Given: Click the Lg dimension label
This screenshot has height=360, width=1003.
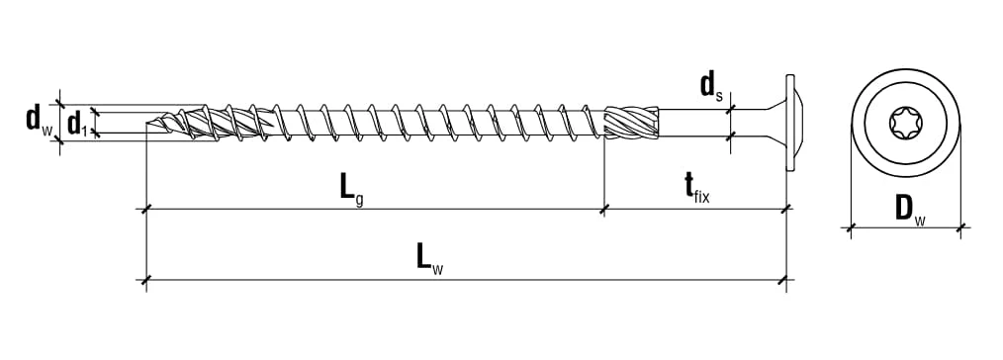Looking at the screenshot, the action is [x=351, y=189].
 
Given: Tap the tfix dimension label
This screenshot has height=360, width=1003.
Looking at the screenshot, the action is [x=696, y=188].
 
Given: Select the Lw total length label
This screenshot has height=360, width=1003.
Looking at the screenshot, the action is [x=429, y=259].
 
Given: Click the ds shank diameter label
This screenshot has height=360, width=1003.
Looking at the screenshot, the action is [x=711, y=86].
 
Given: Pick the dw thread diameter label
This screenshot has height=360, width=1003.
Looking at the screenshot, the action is [x=39, y=120].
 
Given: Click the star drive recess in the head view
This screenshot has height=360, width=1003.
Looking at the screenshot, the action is [x=906, y=123].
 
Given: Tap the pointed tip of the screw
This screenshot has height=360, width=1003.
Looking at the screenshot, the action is [x=147, y=122].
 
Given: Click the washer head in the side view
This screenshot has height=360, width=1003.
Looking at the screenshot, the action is [x=790, y=122].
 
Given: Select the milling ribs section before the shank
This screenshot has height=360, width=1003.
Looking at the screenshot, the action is [x=631, y=122].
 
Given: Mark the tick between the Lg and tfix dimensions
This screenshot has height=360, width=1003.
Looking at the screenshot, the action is [x=604, y=209].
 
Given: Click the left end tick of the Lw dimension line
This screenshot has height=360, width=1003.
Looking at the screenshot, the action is [x=146, y=280].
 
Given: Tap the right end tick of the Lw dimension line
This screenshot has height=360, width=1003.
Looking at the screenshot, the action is [x=785, y=280].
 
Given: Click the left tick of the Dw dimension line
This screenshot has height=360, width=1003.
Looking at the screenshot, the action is [x=851, y=227].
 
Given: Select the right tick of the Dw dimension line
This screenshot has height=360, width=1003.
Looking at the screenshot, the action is [x=960, y=227].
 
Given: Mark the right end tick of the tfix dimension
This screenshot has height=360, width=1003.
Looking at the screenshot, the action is [x=785, y=209].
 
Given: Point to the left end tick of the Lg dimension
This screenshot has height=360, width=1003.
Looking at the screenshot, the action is [x=146, y=209].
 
